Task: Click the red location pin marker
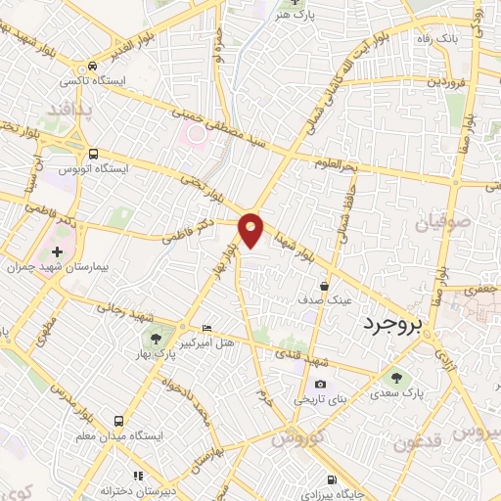point(251,230)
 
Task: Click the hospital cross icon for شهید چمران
point(56,251)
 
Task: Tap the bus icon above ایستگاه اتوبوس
point(93,154)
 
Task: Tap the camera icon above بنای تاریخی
point(320,384)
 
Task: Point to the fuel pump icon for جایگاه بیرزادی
point(335,479)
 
